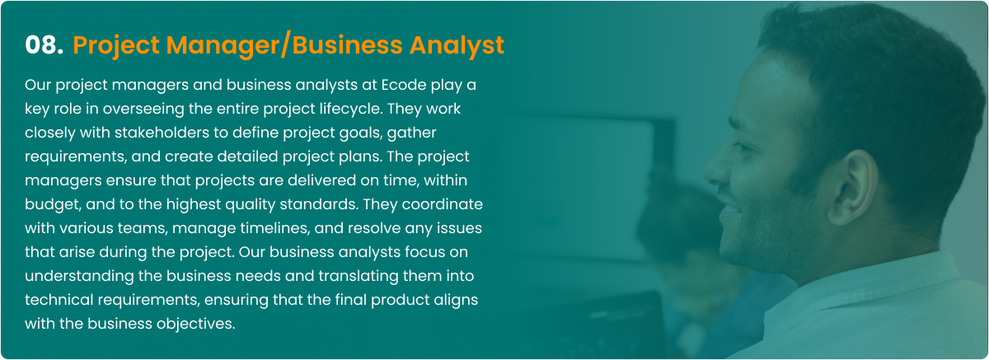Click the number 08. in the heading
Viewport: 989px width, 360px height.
pyautogui.click(x=45, y=45)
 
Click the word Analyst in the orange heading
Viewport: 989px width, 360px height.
pyautogui.click(x=457, y=46)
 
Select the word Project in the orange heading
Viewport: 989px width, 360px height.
pyautogui.click(x=116, y=47)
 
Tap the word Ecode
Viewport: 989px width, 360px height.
pyautogui.click(x=404, y=85)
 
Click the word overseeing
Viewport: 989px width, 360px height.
pyautogui.click(x=143, y=110)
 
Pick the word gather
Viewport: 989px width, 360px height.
pyautogui.click(x=411, y=133)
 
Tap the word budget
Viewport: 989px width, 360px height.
pyautogui.click(x=53, y=204)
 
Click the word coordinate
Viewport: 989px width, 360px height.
pyautogui.click(x=442, y=204)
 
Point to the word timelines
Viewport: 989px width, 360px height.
pyautogui.click(x=275, y=228)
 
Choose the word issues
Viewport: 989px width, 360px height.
pyautogui.click(x=459, y=228)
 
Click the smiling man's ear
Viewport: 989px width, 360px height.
pyautogui.click(x=854, y=188)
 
